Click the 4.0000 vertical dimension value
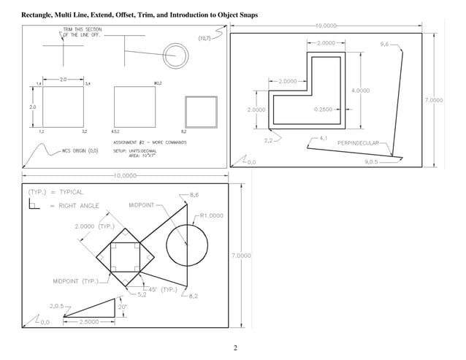(360, 91)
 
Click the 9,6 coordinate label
(385, 45)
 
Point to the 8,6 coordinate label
(194, 196)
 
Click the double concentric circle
(175, 53)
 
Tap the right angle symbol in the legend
(34, 205)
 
